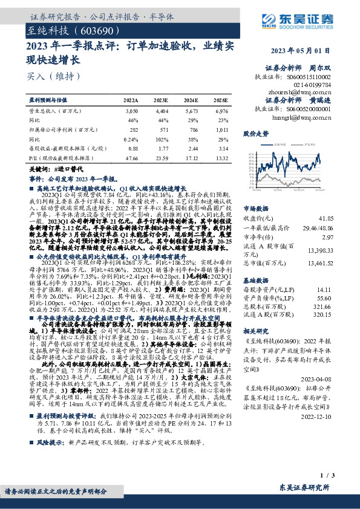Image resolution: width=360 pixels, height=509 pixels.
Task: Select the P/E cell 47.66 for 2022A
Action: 130,158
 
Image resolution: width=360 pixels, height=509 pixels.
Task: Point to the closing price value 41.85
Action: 342,217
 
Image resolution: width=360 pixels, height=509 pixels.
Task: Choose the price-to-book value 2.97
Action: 344,238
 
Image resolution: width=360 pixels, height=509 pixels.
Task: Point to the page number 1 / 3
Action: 342,478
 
